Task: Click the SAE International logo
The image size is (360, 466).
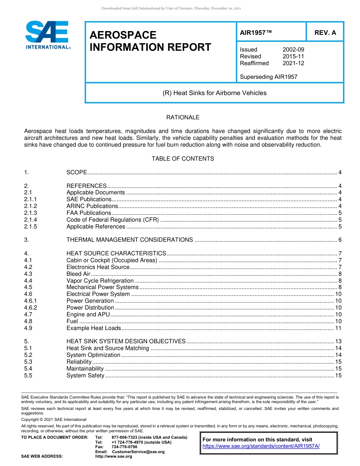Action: click(47, 35)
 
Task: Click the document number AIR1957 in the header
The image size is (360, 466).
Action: click(256, 33)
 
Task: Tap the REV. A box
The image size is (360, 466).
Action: click(325, 33)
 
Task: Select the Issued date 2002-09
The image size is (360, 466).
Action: click(293, 50)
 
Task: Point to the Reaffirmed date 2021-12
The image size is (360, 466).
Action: click(293, 63)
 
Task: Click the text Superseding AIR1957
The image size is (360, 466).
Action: click(268, 77)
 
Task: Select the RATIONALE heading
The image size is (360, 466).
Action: click(183, 117)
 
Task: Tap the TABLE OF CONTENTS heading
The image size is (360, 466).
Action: click(183, 159)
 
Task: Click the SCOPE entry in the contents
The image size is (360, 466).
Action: click(77, 173)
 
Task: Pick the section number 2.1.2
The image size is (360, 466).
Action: click(30, 206)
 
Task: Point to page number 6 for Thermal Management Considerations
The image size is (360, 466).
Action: click(340, 240)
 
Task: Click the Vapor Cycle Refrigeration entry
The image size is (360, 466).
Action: click(100, 281)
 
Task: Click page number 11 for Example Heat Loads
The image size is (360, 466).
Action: click(338, 328)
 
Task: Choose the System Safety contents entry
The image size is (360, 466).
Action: click(85, 375)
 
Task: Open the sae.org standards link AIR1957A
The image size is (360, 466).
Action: click(261, 446)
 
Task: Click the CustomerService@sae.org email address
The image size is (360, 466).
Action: click(138, 452)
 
